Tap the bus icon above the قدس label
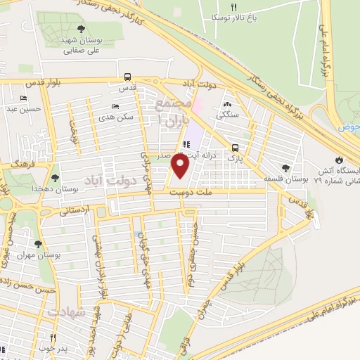127,77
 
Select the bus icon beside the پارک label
235,148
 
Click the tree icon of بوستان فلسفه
285,167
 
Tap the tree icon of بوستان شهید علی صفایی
82,29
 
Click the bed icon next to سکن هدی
115,106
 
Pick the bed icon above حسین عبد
25,98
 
